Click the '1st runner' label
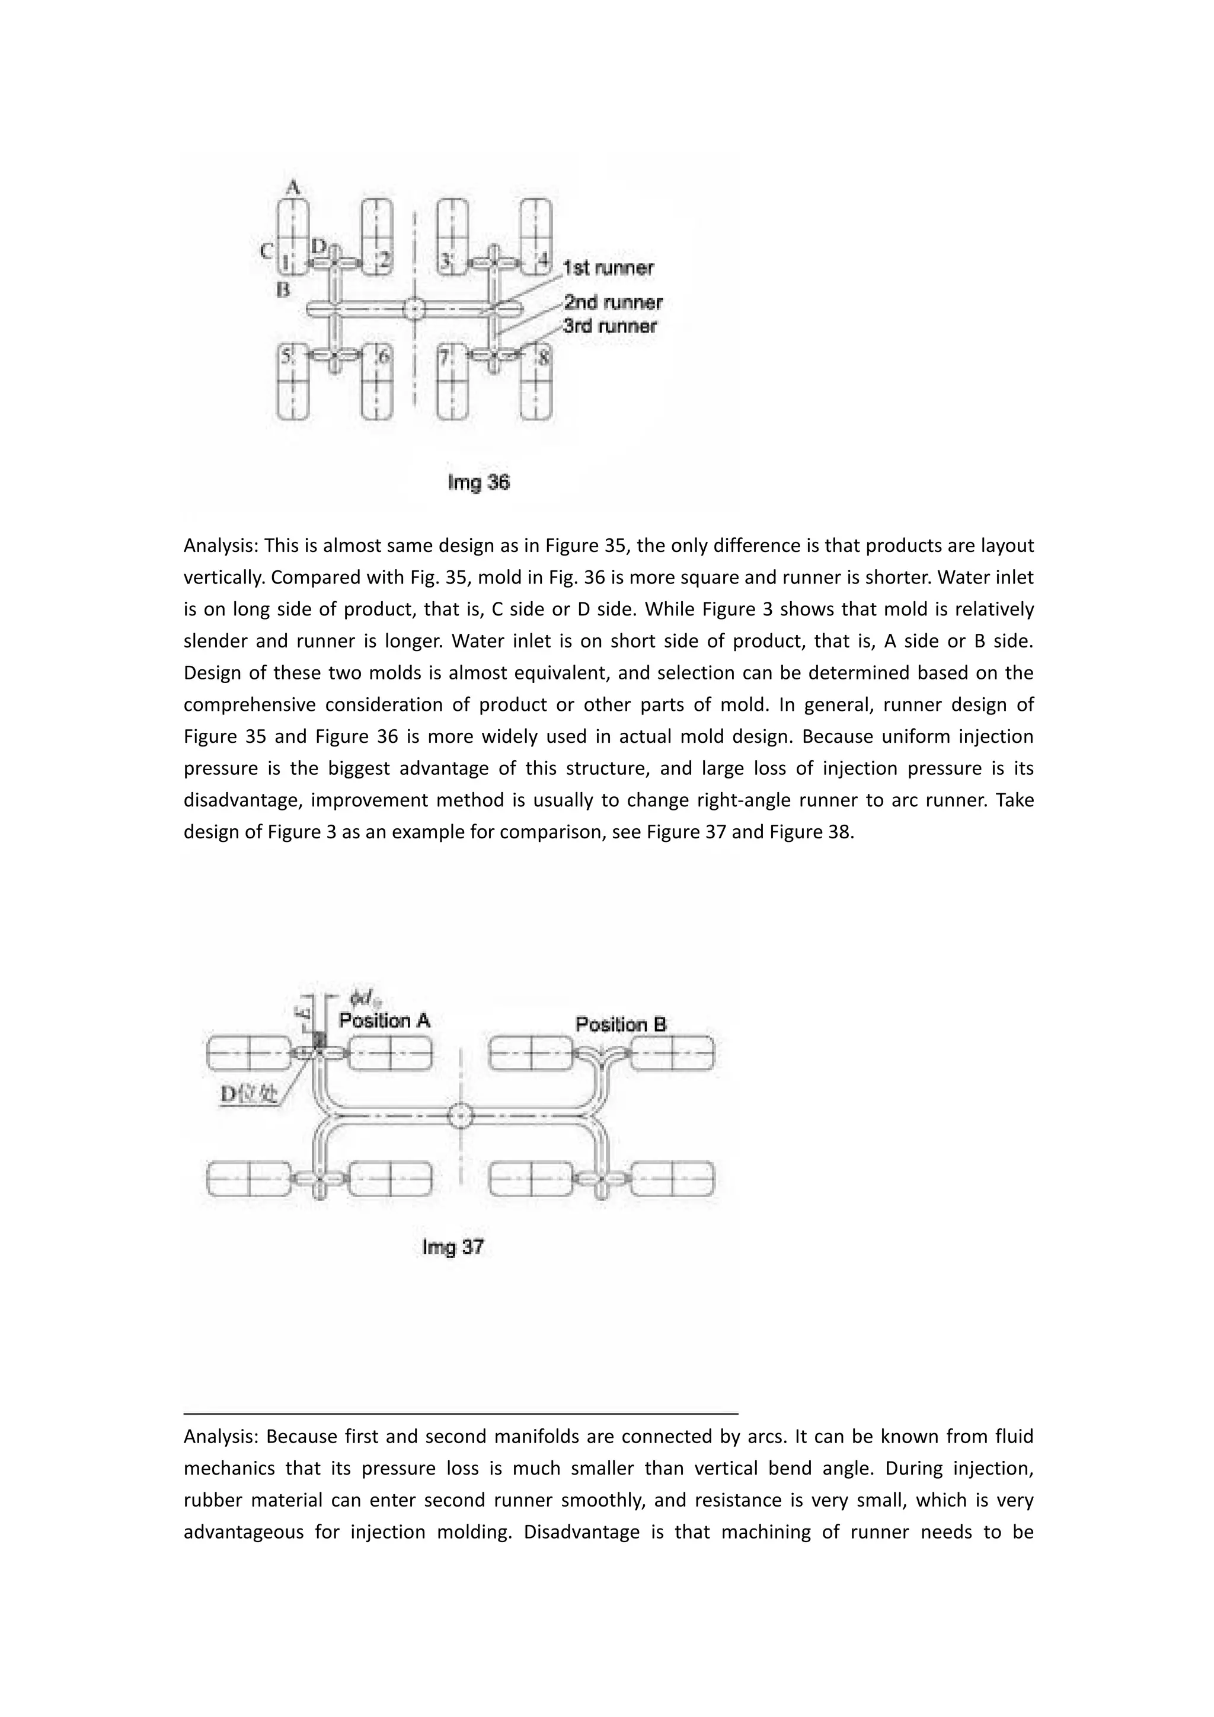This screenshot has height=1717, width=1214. tap(608, 268)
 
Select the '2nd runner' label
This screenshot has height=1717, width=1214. tap(613, 303)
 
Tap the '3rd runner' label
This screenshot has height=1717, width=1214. tap(610, 326)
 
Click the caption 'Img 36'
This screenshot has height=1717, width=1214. tap(478, 483)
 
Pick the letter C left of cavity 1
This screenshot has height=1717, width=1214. tap(266, 251)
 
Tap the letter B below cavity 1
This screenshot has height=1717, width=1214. tap(283, 290)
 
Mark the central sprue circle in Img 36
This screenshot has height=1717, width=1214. tap(413, 309)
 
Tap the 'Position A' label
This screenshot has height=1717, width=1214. tap(384, 1021)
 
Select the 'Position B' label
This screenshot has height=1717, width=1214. tap(621, 1025)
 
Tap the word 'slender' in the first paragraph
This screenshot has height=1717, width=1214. tap(214, 642)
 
